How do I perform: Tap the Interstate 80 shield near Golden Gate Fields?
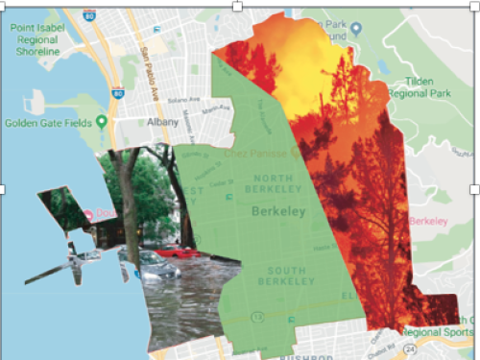[x=119, y=92]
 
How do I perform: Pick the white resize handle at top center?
[x=237, y=6]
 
